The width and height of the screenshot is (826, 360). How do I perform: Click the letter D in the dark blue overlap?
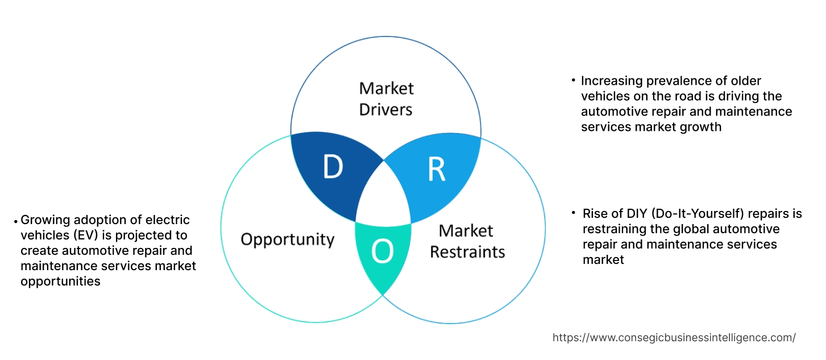(333, 167)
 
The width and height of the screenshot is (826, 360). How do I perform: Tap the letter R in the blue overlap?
(436, 168)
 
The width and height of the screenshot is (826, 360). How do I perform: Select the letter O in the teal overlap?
(382, 253)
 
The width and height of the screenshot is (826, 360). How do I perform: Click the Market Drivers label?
(387, 98)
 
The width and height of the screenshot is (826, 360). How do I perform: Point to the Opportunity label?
(287, 239)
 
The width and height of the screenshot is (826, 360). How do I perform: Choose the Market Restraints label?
(467, 241)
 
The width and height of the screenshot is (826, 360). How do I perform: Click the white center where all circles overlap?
(384, 196)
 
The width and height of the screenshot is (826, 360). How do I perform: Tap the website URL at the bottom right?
(674, 337)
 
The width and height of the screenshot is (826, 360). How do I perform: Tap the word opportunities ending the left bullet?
(60, 281)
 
